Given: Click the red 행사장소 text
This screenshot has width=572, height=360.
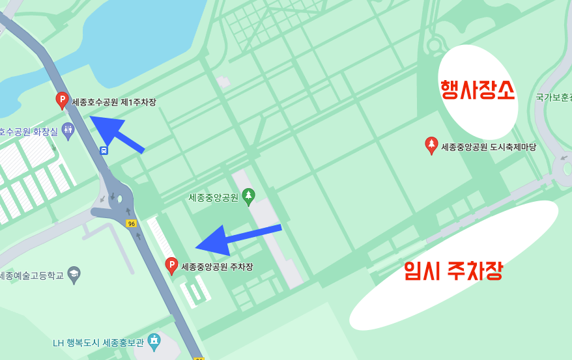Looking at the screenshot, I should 478,90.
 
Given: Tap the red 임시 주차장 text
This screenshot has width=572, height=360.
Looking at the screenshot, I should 453,270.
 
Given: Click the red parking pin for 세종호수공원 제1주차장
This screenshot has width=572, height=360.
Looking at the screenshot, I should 62,100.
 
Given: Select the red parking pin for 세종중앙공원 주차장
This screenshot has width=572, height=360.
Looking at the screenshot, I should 171,265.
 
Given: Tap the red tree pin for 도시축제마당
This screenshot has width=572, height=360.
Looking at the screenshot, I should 431,145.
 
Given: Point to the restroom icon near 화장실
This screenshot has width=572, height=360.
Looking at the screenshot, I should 68,130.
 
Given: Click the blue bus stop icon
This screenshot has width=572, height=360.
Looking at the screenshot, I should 104,150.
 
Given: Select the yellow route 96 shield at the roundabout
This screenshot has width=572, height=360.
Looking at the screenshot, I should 132,224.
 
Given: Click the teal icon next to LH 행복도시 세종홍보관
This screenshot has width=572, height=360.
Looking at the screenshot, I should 154,340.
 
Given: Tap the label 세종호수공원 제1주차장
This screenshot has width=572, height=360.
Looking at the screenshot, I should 114,102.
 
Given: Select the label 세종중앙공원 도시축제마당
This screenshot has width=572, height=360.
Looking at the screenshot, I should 489,147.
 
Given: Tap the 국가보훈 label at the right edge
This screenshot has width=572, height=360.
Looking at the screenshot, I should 553,98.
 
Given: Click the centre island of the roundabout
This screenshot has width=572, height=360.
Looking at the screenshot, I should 119,198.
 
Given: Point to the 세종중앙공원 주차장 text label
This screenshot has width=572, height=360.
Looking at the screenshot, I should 217,267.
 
